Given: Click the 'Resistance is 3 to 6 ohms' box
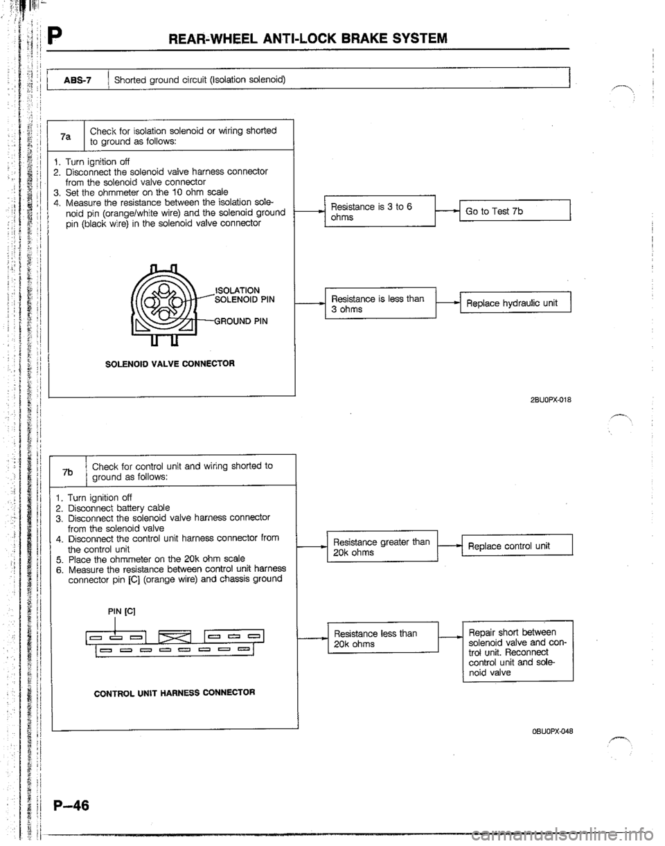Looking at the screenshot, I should coord(378,212).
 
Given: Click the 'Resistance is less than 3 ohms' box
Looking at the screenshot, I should coord(378,303).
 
